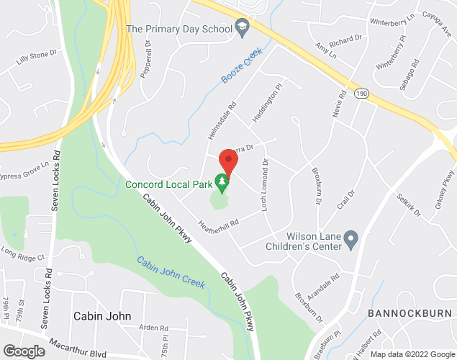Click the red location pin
click(x=228, y=161)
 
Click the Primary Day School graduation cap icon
click(x=242, y=29)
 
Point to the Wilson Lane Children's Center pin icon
click(x=350, y=238)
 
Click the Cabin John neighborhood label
click(x=102, y=315)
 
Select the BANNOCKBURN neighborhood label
click(x=410, y=313)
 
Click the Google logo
click(x=23, y=351)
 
